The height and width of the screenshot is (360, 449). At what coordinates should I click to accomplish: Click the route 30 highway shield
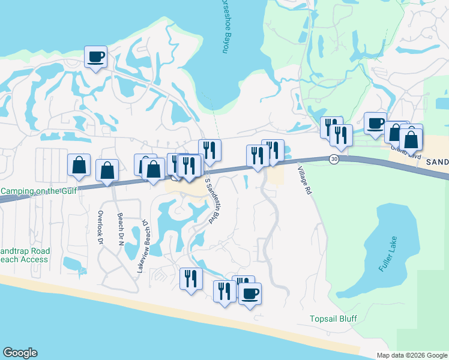(334, 158)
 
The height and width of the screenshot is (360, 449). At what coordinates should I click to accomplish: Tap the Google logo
(20, 353)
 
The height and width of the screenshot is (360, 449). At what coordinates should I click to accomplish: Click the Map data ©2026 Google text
(411, 355)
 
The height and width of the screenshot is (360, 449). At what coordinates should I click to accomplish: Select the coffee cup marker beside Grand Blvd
(375, 123)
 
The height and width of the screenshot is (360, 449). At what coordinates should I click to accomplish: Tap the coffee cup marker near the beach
(250, 293)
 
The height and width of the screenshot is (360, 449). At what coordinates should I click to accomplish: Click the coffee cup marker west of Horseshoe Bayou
(95, 57)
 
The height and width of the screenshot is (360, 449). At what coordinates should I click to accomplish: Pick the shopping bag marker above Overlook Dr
(107, 170)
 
